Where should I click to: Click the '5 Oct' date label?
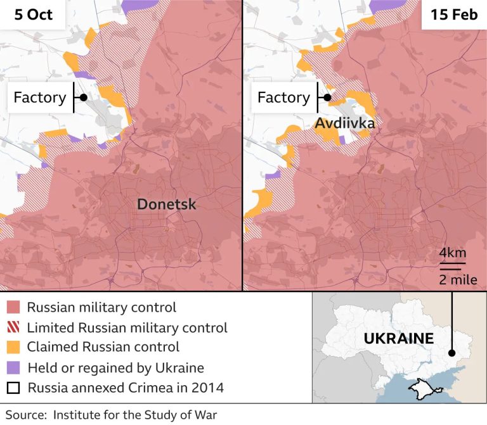point(33,14)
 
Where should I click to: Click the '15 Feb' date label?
point(454,14)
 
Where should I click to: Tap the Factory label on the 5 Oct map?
point(39,98)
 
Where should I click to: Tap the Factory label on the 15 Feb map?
point(283,98)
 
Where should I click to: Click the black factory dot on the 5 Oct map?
point(83,98)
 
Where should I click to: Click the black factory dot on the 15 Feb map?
point(327,98)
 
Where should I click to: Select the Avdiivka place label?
point(344,123)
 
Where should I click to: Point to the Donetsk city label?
point(167,204)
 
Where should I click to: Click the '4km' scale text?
point(453,253)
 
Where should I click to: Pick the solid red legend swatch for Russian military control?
point(13,308)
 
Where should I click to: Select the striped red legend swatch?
point(13,327)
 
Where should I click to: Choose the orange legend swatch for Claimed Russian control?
point(13,347)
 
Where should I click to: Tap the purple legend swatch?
point(13,367)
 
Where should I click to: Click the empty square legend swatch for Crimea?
point(13,388)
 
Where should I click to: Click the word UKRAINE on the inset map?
point(398,338)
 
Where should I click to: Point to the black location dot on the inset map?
point(451,353)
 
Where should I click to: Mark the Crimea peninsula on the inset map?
point(419,387)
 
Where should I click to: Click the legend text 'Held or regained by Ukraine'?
point(115,367)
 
